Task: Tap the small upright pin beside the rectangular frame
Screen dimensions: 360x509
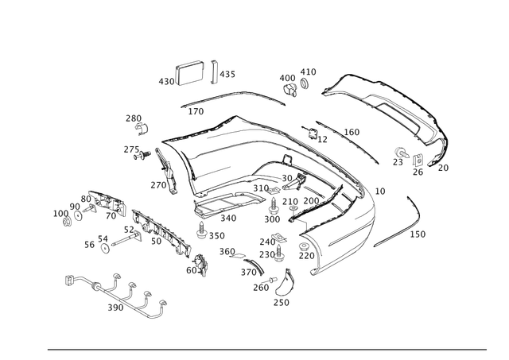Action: [x=216, y=71]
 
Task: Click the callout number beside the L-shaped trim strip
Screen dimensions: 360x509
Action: [x=422, y=233]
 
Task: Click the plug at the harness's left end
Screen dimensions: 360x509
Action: [x=70, y=278]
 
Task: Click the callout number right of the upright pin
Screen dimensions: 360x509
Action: [x=230, y=73]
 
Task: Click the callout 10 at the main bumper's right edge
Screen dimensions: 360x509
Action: [x=380, y=191]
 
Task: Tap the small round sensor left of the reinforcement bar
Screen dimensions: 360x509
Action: [x=104, y=239]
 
